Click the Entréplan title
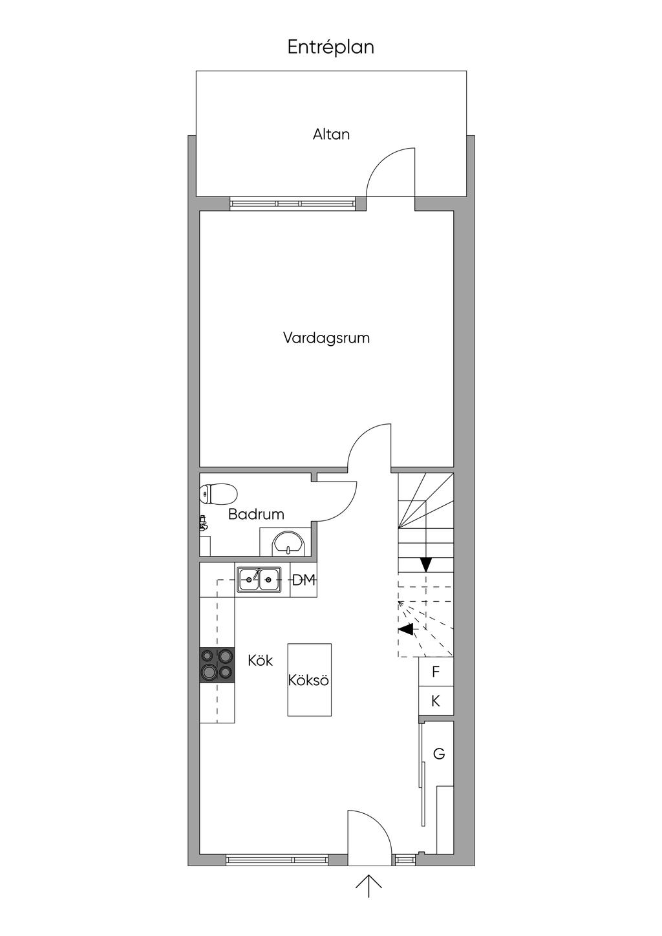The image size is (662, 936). [x=330, y=48]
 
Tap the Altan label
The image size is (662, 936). [x=331, y=134]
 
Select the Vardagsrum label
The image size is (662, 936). [x=326, y=338]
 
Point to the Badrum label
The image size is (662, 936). [x=256, y=514]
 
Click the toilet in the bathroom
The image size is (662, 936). [x=218, y=494]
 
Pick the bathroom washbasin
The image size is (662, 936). [x=288, y=543]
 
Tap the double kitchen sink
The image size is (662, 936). [x=259, y=580]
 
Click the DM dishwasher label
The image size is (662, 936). [x=304, y=580]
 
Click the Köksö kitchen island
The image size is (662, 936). [x=309, y=680]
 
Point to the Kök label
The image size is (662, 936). [x=261, y=661]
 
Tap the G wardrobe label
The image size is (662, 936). [x=438, y=754]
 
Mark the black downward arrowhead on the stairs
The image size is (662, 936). [x=426, y=565]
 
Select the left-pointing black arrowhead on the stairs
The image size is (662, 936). [x=406, y=629]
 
